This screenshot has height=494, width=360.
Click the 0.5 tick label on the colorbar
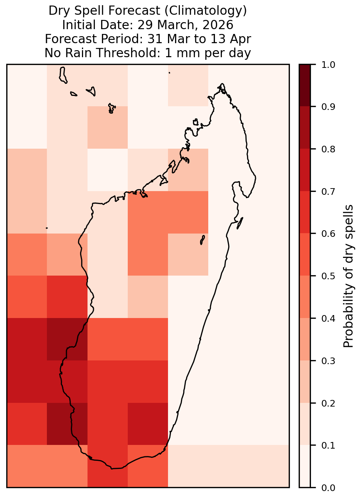tap(328, 276)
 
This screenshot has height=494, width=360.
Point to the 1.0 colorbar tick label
tap(328, 65)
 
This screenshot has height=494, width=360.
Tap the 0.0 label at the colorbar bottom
tap(328, 488)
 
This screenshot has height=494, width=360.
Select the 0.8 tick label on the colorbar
tap(328, 149)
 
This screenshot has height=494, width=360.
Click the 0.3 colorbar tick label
tap(328, 361)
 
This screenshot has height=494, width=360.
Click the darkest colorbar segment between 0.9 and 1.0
tap(305, 85)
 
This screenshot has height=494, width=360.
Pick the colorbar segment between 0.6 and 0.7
tap(305, 212)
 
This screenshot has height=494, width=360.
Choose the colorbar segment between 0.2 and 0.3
tap(305, 382)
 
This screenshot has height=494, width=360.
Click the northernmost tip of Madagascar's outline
tap(222, 84)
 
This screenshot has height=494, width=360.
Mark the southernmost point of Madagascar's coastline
tap(112, 469)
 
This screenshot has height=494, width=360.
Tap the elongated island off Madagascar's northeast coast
tap(240, 223)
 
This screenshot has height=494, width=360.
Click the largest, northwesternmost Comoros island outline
tap(63, 75)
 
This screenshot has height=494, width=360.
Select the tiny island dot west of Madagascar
tap(47, 228)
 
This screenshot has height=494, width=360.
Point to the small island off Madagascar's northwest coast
tap(196, 122)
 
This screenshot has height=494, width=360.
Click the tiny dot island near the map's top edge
tap(169, 73)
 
